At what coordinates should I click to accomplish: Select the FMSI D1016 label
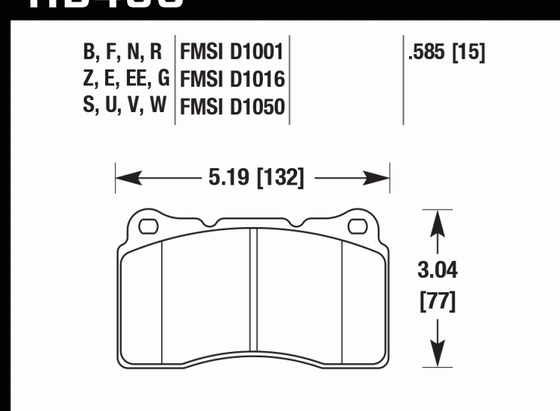[x=231, y=79]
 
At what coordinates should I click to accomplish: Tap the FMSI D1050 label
[x=231, y=106]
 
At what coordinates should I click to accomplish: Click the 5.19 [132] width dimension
[x=252, y=178]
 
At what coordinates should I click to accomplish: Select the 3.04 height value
[x=437, y=271]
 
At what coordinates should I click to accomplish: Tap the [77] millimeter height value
[x=437, y=303]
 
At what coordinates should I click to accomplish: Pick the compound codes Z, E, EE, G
[x=123, y=79]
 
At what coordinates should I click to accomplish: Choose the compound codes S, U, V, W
[x=123, y=106]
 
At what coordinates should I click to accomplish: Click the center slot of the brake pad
[x=252, y=299]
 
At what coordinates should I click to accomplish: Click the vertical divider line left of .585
[x=403, y=79]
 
